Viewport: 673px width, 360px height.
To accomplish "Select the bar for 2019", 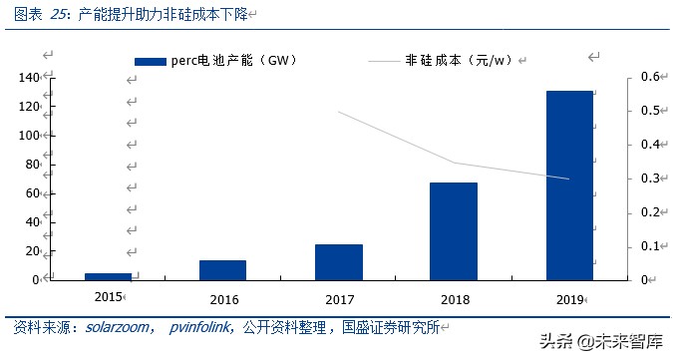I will (569, 184).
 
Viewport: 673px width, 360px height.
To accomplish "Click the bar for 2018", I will (454, 230).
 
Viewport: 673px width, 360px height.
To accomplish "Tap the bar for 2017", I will (338, 261).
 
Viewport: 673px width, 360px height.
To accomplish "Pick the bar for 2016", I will (222, 269).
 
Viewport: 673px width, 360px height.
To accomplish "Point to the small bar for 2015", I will (108, 276).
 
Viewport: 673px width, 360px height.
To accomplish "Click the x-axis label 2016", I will (223, 297).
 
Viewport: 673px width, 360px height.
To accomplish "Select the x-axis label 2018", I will (454, 297).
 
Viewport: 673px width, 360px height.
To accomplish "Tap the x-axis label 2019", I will (569, 297).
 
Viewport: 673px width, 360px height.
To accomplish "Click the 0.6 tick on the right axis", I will (650, 78).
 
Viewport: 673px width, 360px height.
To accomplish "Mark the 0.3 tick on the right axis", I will (650, 179).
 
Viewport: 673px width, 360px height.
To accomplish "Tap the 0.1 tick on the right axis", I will (650, 246).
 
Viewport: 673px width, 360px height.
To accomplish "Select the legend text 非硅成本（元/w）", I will (458, 61).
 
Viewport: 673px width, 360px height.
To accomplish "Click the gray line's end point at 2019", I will (569, 180).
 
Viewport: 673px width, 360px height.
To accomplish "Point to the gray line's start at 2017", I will (339, 112).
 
